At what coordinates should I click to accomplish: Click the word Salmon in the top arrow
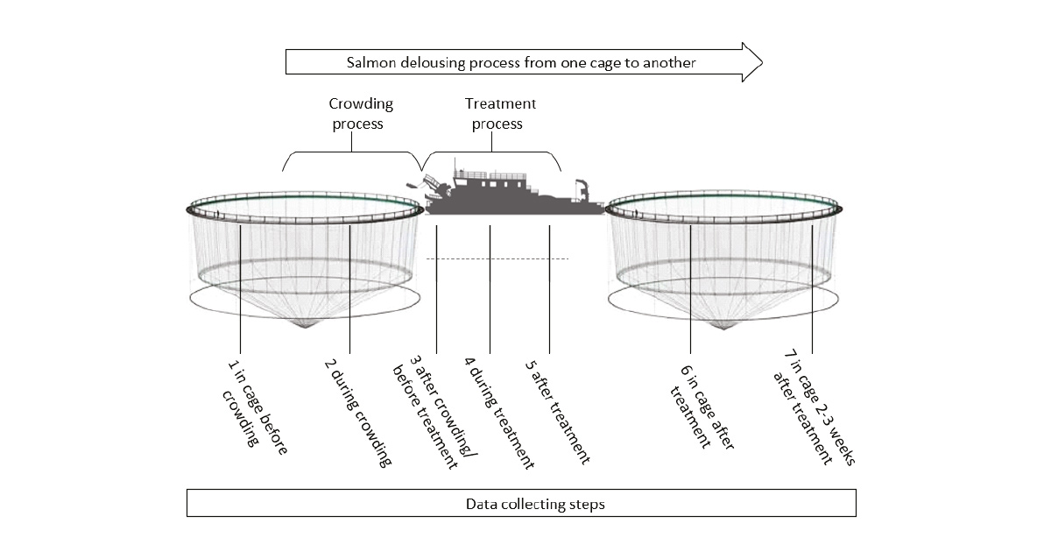371,62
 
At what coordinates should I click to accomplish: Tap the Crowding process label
360,114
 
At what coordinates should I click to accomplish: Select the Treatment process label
499,114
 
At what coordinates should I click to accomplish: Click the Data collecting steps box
521,503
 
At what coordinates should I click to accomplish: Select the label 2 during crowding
357,413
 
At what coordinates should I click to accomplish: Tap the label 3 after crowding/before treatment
434,412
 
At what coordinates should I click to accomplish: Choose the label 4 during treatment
498,413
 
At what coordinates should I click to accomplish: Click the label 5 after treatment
557,412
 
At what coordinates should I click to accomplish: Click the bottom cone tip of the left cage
305,327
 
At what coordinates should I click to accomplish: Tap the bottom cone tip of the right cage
723,328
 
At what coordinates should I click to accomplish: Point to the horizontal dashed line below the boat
497,258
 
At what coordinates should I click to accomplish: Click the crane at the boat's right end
582,190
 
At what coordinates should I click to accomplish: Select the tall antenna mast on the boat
455,167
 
